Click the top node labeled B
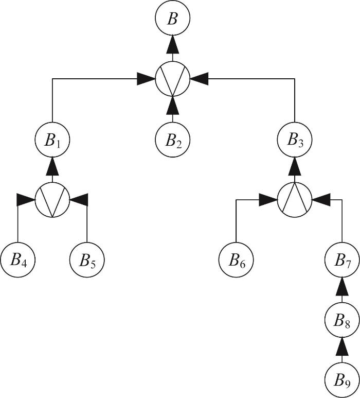tap(172, 18)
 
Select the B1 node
tap(52, 140)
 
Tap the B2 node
tap(172, 140)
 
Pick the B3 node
tap(295, 140)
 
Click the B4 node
tap(18, 259)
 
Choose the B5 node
tap(87, 259)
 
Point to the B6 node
tap(236, 259)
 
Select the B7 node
tap(342, 259)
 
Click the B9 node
tap(342, 380)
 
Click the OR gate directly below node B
tap(172, 79)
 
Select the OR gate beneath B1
tap(52, 200)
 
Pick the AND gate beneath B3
tap(295, 200)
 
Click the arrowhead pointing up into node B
tap(172, 45)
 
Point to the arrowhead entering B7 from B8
tap(342, 286)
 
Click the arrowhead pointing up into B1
tap(52, 166)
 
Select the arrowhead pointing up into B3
tap(295, 166)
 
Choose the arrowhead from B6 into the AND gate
tap(268, 200)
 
